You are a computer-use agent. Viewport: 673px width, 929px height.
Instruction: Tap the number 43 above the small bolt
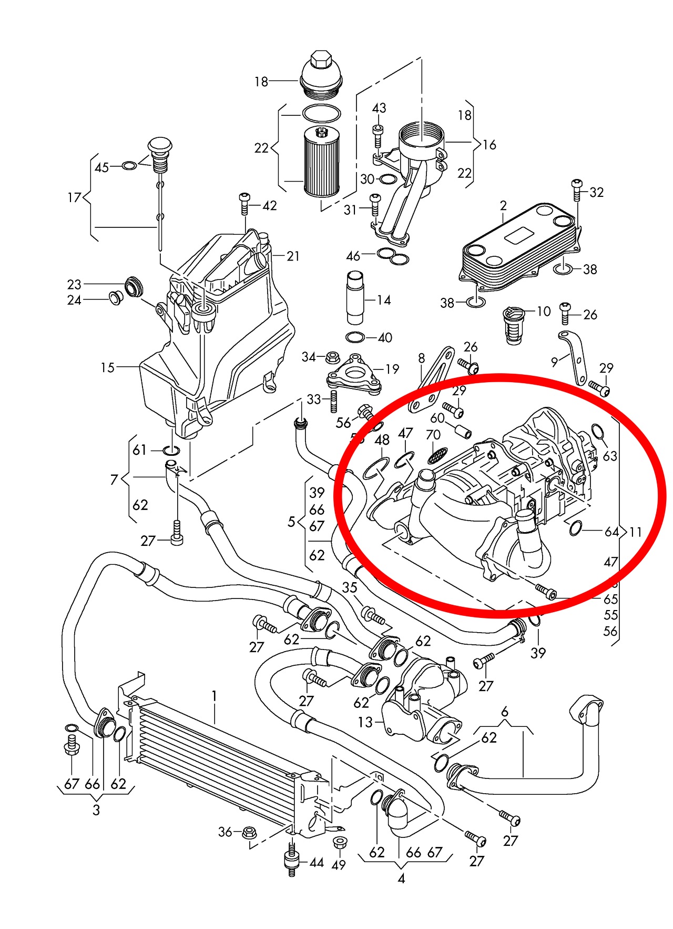click(379, 108)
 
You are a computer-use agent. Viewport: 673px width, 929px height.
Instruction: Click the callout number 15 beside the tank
click(107, 367)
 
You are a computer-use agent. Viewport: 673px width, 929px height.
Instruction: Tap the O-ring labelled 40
click(355, 337)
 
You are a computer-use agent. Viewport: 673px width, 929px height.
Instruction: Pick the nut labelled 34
click(332, 357)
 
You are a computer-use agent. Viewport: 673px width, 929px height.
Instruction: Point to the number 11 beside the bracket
click(636, 532)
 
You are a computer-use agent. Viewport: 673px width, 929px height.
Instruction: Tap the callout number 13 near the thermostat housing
click(365, 722)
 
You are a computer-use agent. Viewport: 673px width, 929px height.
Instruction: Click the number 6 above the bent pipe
click(505, 712)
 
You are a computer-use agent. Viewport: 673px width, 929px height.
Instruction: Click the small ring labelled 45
click(129, 166)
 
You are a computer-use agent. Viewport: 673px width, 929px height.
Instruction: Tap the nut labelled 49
click(339, 843)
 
